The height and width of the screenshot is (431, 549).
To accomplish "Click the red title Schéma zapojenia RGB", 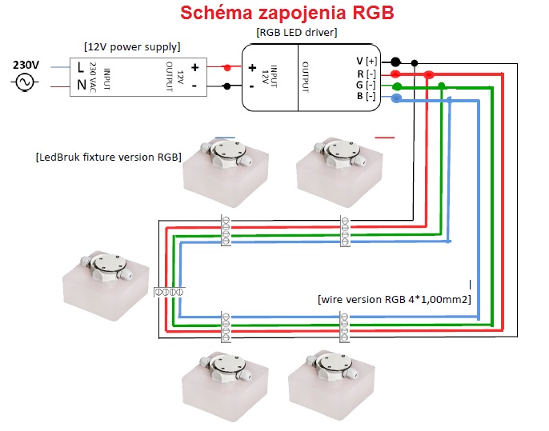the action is [x=287, y=14].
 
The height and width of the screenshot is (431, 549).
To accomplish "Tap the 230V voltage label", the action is [x=26, y=65].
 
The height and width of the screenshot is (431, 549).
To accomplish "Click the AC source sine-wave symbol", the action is [x=25, y=82].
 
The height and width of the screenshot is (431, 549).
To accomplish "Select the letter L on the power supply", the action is [x=81, y=67].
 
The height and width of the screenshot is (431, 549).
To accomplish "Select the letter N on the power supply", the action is [x=82, y=84].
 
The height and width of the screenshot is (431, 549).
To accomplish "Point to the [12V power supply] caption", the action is [x=132, y=47].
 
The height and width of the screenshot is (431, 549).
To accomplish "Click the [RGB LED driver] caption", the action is [x=297, y=33].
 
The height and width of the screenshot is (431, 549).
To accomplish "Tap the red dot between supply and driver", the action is [x=227, y=67].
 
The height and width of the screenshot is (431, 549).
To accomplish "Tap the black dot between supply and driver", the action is [x=227, y=86].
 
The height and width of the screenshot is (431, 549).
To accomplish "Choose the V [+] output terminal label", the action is [x=367, y=62].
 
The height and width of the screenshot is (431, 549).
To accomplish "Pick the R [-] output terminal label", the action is [x=367, y=74].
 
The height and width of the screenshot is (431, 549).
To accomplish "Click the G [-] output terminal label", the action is [x=366, y=85].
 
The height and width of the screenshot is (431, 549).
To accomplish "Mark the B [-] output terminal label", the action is [x=367, y=96].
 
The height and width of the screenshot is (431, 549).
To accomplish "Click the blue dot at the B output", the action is [x=396, y=98].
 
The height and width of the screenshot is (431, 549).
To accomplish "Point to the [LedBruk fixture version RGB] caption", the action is [x=109, y=157].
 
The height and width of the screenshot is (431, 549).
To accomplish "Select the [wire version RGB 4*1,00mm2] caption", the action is [x=395, y=300].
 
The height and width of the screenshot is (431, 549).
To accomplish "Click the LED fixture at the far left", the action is [x=106, y=285].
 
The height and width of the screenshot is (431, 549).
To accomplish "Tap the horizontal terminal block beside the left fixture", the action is [x=169, y=292].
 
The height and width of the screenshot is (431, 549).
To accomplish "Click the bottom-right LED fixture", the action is [x=331, y=385].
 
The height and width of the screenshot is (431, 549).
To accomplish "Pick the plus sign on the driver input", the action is [x=252, y=68].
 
